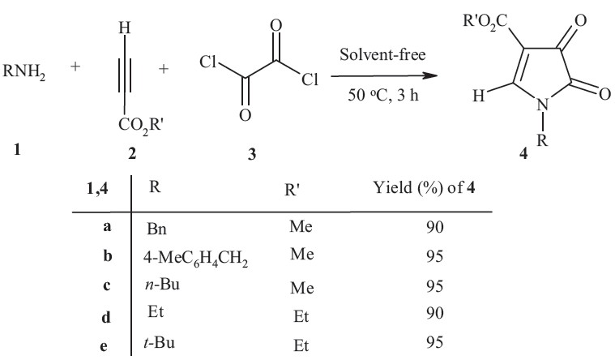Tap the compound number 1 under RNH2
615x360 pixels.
[x=16, y=150]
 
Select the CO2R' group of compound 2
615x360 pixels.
[x=133, y=126]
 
